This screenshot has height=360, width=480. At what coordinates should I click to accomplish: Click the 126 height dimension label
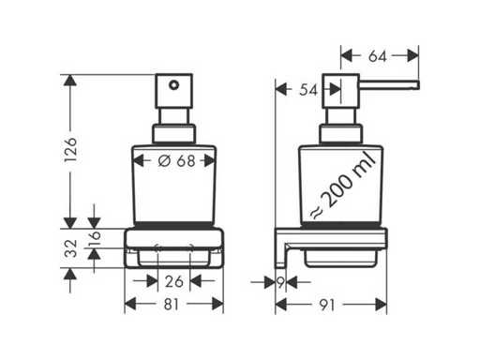(70, 149)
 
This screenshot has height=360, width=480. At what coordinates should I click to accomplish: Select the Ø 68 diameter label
(176, 160)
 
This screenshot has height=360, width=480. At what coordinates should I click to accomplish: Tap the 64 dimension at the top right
(378, 56)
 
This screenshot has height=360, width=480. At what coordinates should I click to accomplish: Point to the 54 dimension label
(308, 90)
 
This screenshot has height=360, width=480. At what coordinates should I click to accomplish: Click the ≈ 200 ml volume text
(343, 185)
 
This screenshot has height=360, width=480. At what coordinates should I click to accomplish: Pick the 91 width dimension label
(327, 305)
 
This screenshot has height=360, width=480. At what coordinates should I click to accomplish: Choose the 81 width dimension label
(172, 304)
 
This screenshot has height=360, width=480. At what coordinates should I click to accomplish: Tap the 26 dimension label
(173, 281)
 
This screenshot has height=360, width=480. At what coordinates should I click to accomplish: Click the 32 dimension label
(70, 248)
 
